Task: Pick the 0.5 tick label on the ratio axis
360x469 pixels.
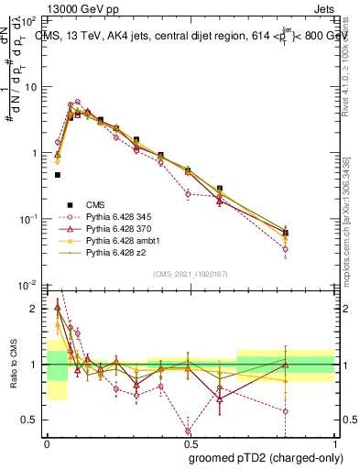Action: (33, 420)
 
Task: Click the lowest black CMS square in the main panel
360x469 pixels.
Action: (58, 174)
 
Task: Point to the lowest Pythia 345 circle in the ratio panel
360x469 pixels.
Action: (188, 431)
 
